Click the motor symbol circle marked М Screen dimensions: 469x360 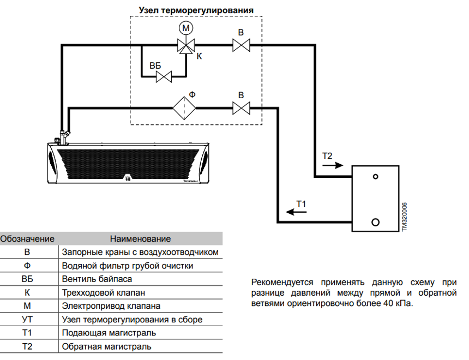coord(186,28)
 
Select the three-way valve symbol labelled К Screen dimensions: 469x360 coord(186,46)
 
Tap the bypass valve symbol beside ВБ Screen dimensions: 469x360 coord(164,77)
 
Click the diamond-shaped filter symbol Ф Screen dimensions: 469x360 coord(184,108)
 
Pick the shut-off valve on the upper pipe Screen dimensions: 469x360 coord(241,45)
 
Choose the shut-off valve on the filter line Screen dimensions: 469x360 coord(241,108)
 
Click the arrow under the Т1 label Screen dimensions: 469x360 coord(296,212)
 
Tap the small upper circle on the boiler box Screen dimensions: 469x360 coord(375,177)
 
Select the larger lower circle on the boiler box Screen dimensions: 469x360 coord(375,222)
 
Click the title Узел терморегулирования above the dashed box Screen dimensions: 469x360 coord(196,10)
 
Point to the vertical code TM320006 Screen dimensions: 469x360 coord(404,217)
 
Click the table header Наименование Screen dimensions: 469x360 coord(140,239)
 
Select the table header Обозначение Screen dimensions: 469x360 coord(27,239)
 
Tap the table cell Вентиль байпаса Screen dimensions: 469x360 coord(97,279)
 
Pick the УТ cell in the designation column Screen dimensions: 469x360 coord(27,320)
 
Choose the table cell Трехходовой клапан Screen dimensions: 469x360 coord(104,293)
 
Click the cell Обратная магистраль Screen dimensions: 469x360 coord(106,346)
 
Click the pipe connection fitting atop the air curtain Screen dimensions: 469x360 coord(63,137)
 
